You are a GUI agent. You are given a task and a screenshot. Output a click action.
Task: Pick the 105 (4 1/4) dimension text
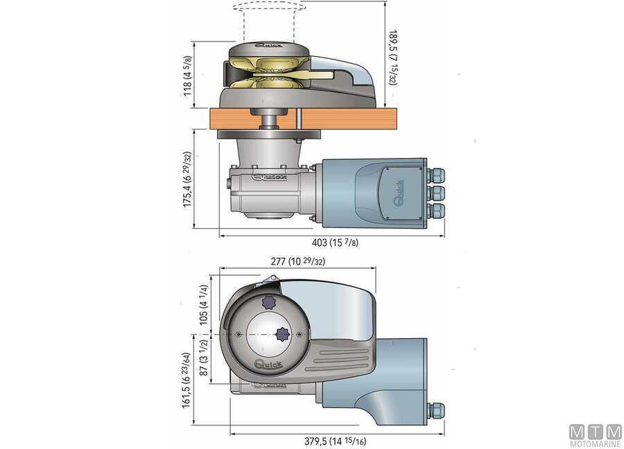(204, 304)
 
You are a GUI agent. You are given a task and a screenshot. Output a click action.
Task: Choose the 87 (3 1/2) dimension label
(204, 360)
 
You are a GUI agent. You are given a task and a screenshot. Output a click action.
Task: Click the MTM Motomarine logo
(595, 434)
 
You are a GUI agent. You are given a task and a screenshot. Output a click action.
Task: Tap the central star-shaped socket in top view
(281, 333)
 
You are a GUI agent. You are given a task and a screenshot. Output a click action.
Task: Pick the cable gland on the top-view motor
(435, 411)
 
